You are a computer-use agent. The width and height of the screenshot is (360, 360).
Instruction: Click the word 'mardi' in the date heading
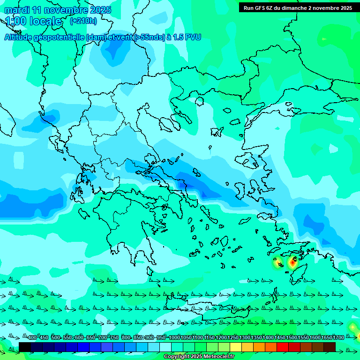(x=17, y=10)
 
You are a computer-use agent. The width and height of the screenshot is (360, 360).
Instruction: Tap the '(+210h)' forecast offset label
(x=83, y=21)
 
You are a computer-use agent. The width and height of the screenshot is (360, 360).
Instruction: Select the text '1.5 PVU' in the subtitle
(x=187, y=37)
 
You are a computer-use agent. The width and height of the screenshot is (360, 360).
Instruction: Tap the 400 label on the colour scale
(x=32, y=337)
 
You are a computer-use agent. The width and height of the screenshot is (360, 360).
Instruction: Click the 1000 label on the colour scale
(x=174, y=337)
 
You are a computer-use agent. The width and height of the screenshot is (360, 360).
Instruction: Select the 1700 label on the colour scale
(x=338, y=337)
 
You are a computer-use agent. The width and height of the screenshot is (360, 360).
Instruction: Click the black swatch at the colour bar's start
(x=25, y=347)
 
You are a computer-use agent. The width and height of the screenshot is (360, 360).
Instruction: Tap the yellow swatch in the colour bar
(x=236, y=347)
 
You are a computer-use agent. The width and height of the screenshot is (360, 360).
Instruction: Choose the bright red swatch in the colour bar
(x=283, y=347)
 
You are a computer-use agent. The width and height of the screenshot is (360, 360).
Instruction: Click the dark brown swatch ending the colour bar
(x=330, y=347)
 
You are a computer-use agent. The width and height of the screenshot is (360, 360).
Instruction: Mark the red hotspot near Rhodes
(x=292, y=263)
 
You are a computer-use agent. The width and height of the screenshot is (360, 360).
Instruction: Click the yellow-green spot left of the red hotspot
(x=277, y=263)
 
